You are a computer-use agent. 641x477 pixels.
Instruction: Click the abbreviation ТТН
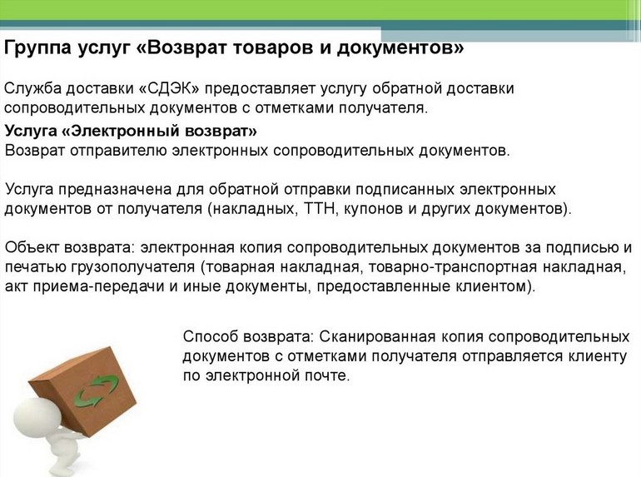click(x=320, y=208)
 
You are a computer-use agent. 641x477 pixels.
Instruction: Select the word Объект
click(x=32, y=248)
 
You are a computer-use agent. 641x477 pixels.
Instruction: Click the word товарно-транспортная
click(x=453, y=267)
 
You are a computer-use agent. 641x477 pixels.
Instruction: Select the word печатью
click(x=35, y=267)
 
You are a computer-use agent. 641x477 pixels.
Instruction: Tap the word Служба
click(x=32, y=89)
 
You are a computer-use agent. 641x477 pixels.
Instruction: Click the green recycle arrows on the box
click(x=96, y=391)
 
